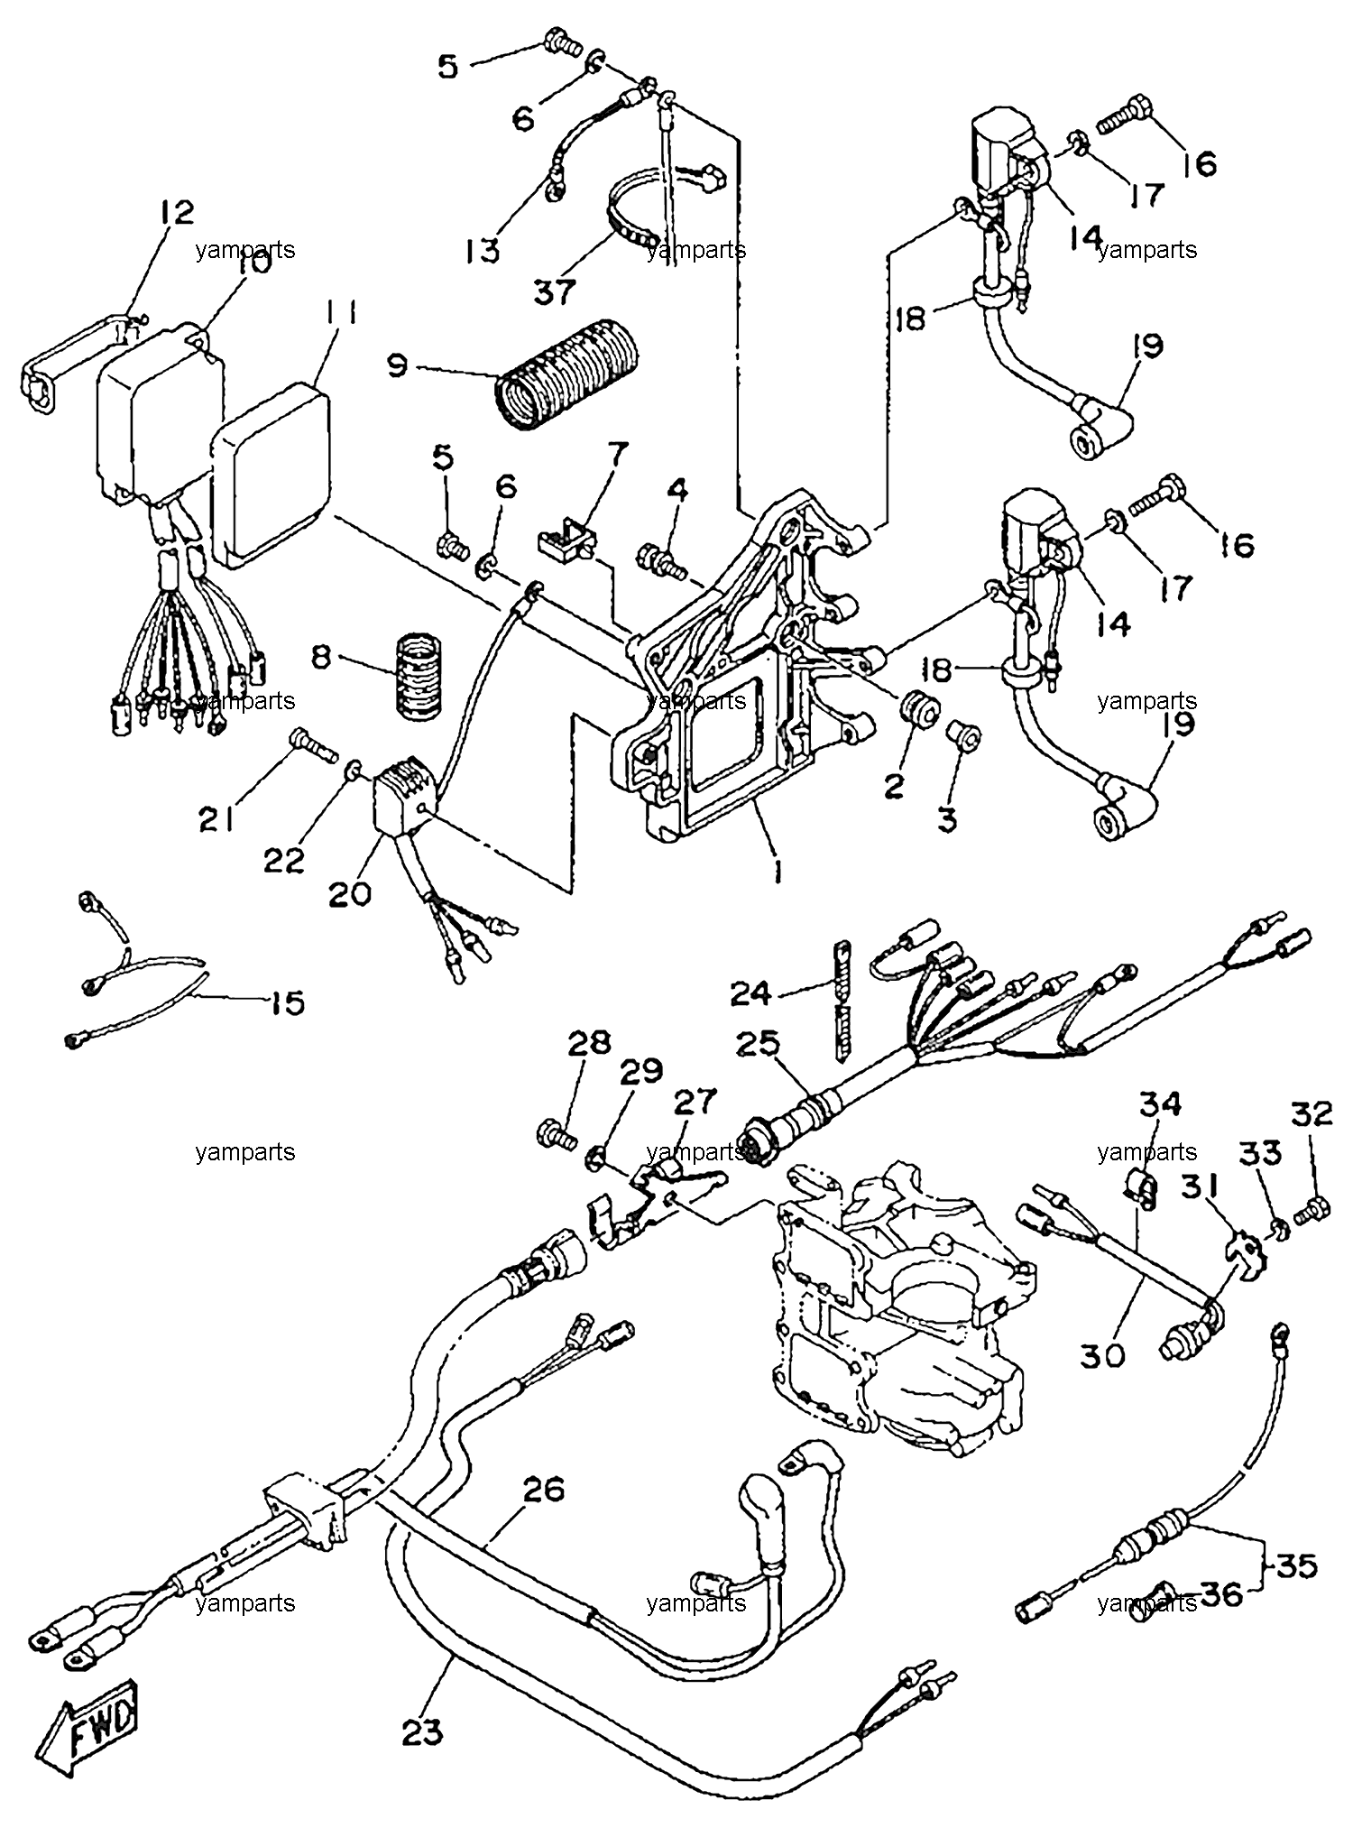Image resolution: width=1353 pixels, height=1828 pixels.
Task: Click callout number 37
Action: pyautogui.click(x=554, y=291)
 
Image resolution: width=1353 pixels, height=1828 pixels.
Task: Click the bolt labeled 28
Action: pyautogui.click(x=554, y=1134)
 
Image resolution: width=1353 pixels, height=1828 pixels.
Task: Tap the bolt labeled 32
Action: pyautogui.click(x=1312, y=1211)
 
